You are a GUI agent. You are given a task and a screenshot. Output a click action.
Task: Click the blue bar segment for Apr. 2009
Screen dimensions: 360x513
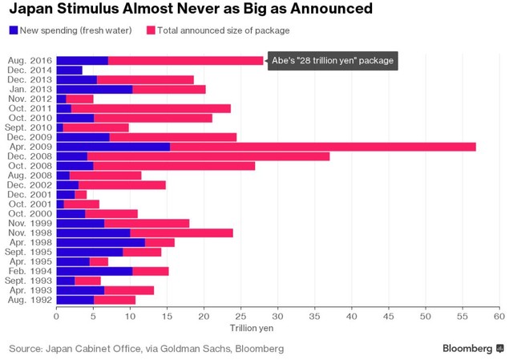pyautogui.click(x=113, y=147)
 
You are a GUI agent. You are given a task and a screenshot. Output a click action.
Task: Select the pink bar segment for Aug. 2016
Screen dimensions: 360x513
pyautogui.click(x=185, y=61)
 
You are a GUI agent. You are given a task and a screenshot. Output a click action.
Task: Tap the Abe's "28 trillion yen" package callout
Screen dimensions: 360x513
pyautogui.click(x=332, y=61)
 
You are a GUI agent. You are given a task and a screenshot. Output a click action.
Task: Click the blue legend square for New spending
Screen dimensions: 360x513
pyautogui.click(x=14, y=30)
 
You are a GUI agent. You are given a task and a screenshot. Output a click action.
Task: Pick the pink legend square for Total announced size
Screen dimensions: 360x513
pyautogui.click(x=151, y=30)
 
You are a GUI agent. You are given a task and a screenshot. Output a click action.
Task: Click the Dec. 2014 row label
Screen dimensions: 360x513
pyautogui.click(x=30, y=71)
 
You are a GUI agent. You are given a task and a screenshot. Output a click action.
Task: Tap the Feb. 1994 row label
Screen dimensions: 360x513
pyautogui.click(x=30, y=272)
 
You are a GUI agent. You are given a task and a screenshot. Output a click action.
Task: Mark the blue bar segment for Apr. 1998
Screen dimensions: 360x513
pyautogui.click(x=100, y=242)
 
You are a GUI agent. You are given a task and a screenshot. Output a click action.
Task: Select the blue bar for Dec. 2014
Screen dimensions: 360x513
pyautogui.click(x=69, y=71)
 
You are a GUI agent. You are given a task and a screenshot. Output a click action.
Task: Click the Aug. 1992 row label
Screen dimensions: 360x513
pyautogui.click(x=30, y=300)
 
